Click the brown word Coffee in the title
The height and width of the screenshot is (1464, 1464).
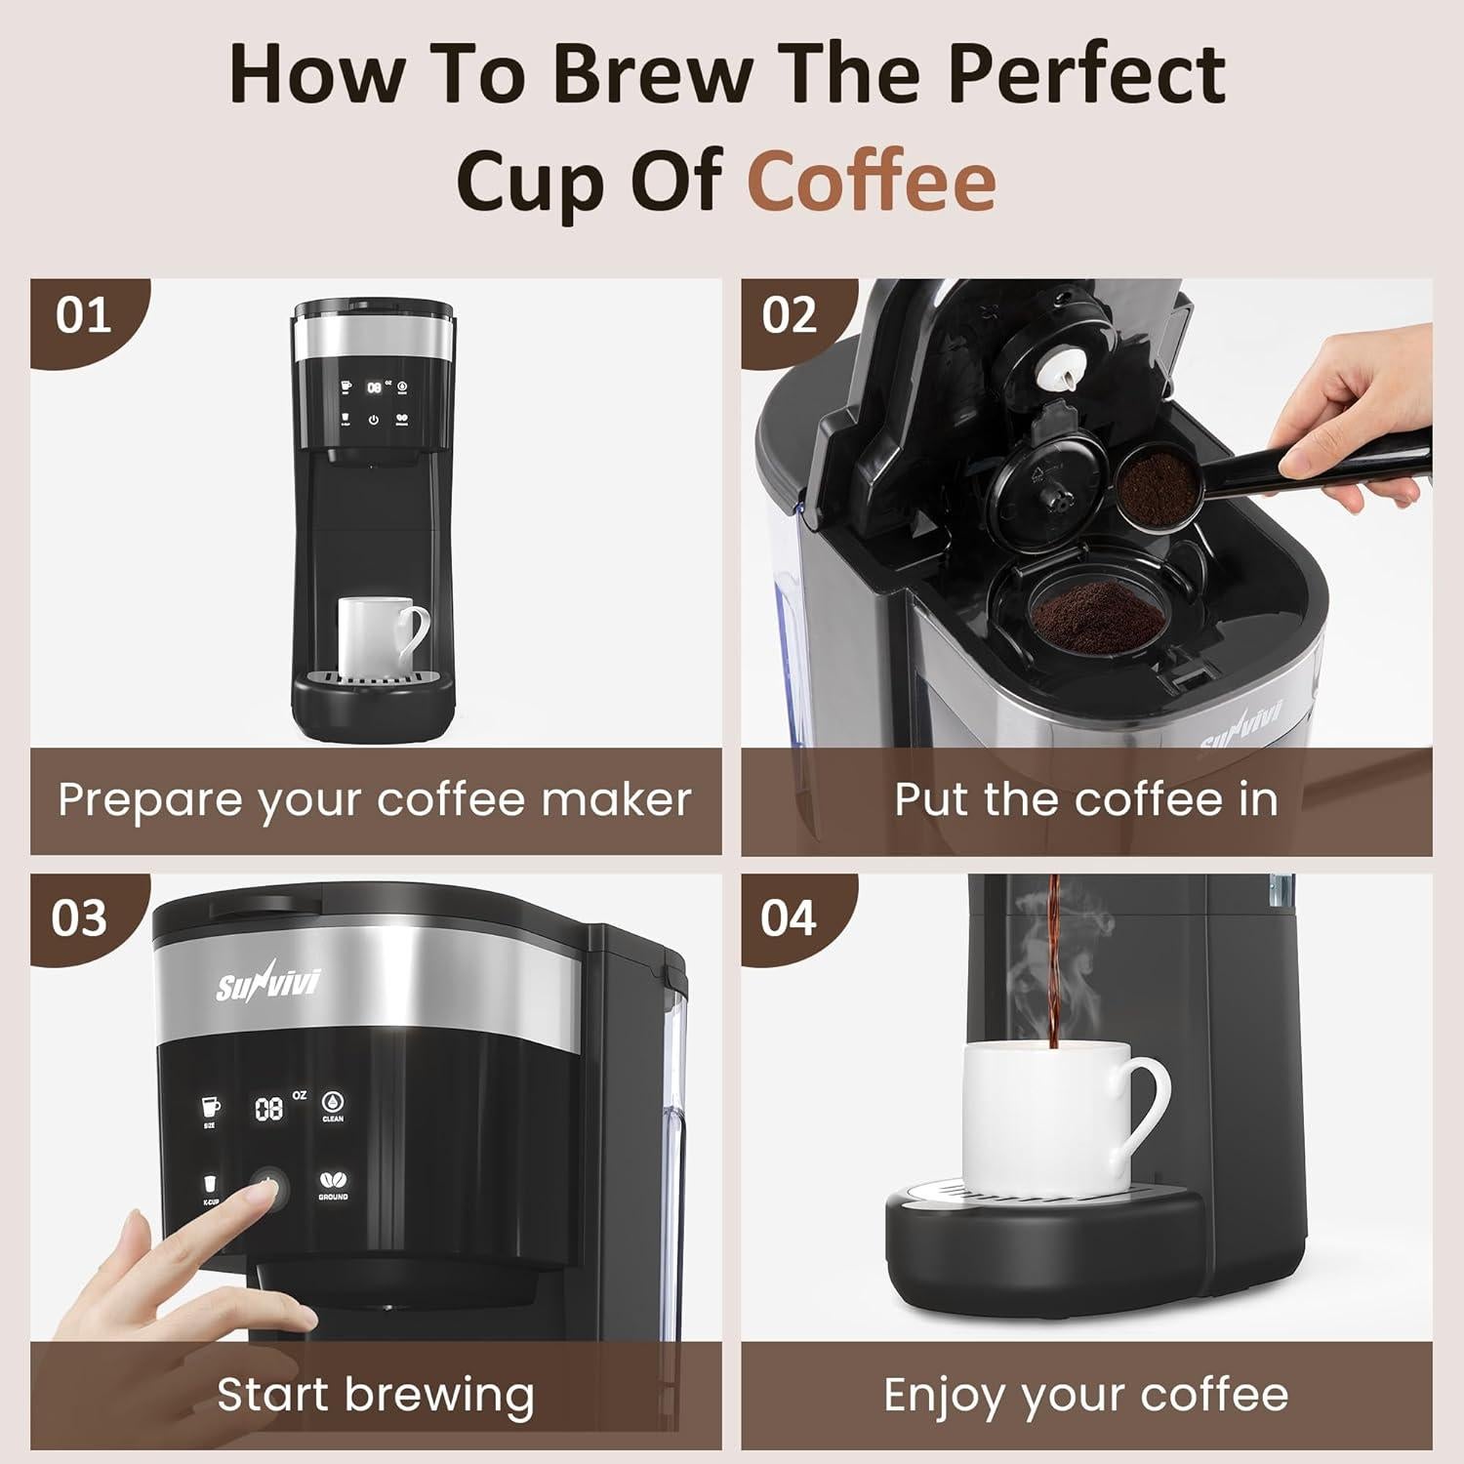pos(872,182)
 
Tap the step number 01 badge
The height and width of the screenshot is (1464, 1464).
pos(83,315)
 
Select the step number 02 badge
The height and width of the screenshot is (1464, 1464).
pos(789,315)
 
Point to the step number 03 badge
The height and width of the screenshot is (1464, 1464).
pos(79,918)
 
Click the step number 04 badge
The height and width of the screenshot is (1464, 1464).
pos(788,918)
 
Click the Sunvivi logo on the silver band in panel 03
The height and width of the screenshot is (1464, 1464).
pos(267,985)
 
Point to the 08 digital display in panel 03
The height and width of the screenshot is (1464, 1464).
pos(269,1109)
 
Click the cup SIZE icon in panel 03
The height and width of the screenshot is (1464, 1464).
pos(210,1109)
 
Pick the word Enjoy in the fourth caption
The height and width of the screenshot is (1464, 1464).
pos(943,1396)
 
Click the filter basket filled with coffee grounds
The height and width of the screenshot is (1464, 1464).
pos(1097,615)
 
